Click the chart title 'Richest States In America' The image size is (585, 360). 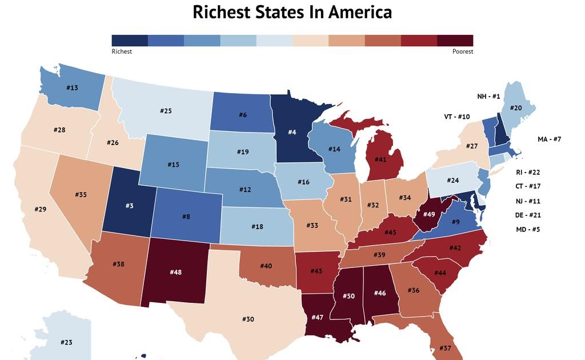(x=292, y=12)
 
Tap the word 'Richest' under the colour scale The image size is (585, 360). (x=122, y=51)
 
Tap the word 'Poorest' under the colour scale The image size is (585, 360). (x=462, y=51)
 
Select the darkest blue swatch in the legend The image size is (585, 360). (x=130, y=40)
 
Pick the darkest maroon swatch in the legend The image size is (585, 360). (x=455, y=40)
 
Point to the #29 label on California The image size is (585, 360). (x=40, y=210)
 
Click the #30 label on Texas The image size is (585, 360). (x=247, y=319)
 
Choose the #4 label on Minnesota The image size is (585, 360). (x=291, y=133)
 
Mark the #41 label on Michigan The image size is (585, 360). (x=380, y=159)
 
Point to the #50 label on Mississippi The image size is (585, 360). (x=348, y=295)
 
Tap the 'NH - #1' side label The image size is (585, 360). (x=488, y=97)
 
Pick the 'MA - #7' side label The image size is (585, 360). (x=550, y=139)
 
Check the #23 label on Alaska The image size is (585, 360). (x=66, y=342)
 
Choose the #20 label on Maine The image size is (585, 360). (x=515, y=107)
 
